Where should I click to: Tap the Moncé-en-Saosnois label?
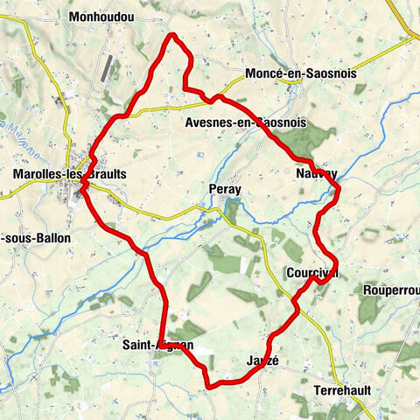click(300, 74)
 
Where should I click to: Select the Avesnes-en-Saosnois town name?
click(246, 123)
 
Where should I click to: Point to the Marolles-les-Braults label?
click(70, 174)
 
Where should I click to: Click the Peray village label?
click(225, 190)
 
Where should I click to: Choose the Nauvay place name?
click(316, 174)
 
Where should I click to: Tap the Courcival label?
click(312, 271)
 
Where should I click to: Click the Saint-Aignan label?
click(158, 346)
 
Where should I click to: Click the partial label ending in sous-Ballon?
click(36, 237)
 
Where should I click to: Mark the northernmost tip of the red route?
click(173, 35)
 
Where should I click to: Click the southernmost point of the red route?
click(208, 386)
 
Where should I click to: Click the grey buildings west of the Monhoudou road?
click(108, 68)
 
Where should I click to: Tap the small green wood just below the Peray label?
click(232, 210)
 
